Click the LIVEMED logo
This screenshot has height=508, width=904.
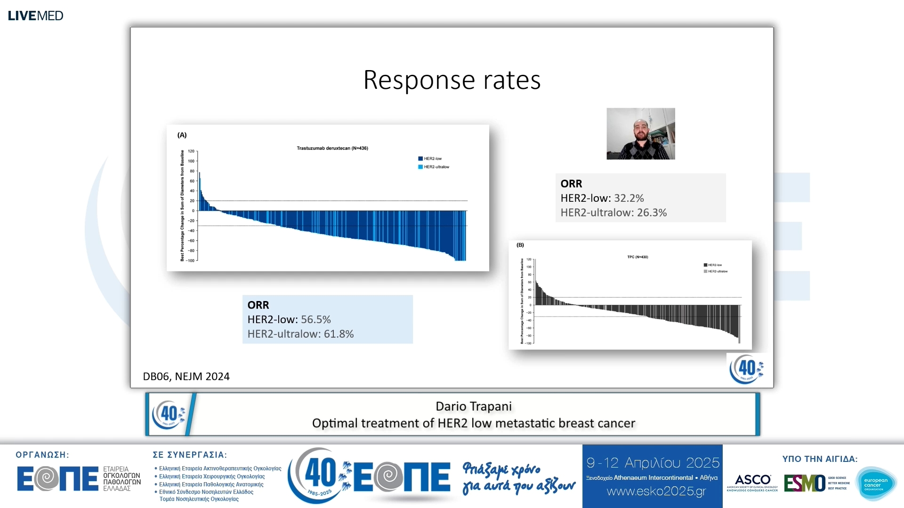35,16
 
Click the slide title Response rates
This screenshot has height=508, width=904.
452,80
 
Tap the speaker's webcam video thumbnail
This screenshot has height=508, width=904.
640,134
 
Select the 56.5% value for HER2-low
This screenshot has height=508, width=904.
315,319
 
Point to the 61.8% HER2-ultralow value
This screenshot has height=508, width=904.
339,334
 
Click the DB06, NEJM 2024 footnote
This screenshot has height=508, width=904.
186,376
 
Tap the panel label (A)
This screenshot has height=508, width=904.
182,135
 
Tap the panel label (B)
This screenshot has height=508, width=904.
520,245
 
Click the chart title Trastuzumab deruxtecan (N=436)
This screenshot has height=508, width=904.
332,148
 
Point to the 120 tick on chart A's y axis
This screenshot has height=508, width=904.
191,151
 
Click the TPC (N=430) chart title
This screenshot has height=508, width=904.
638,257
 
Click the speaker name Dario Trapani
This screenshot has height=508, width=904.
473,406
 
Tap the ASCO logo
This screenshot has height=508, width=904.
752,482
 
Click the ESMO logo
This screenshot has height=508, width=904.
805,483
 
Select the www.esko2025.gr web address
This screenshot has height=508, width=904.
656,492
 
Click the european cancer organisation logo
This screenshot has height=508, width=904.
875,484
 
